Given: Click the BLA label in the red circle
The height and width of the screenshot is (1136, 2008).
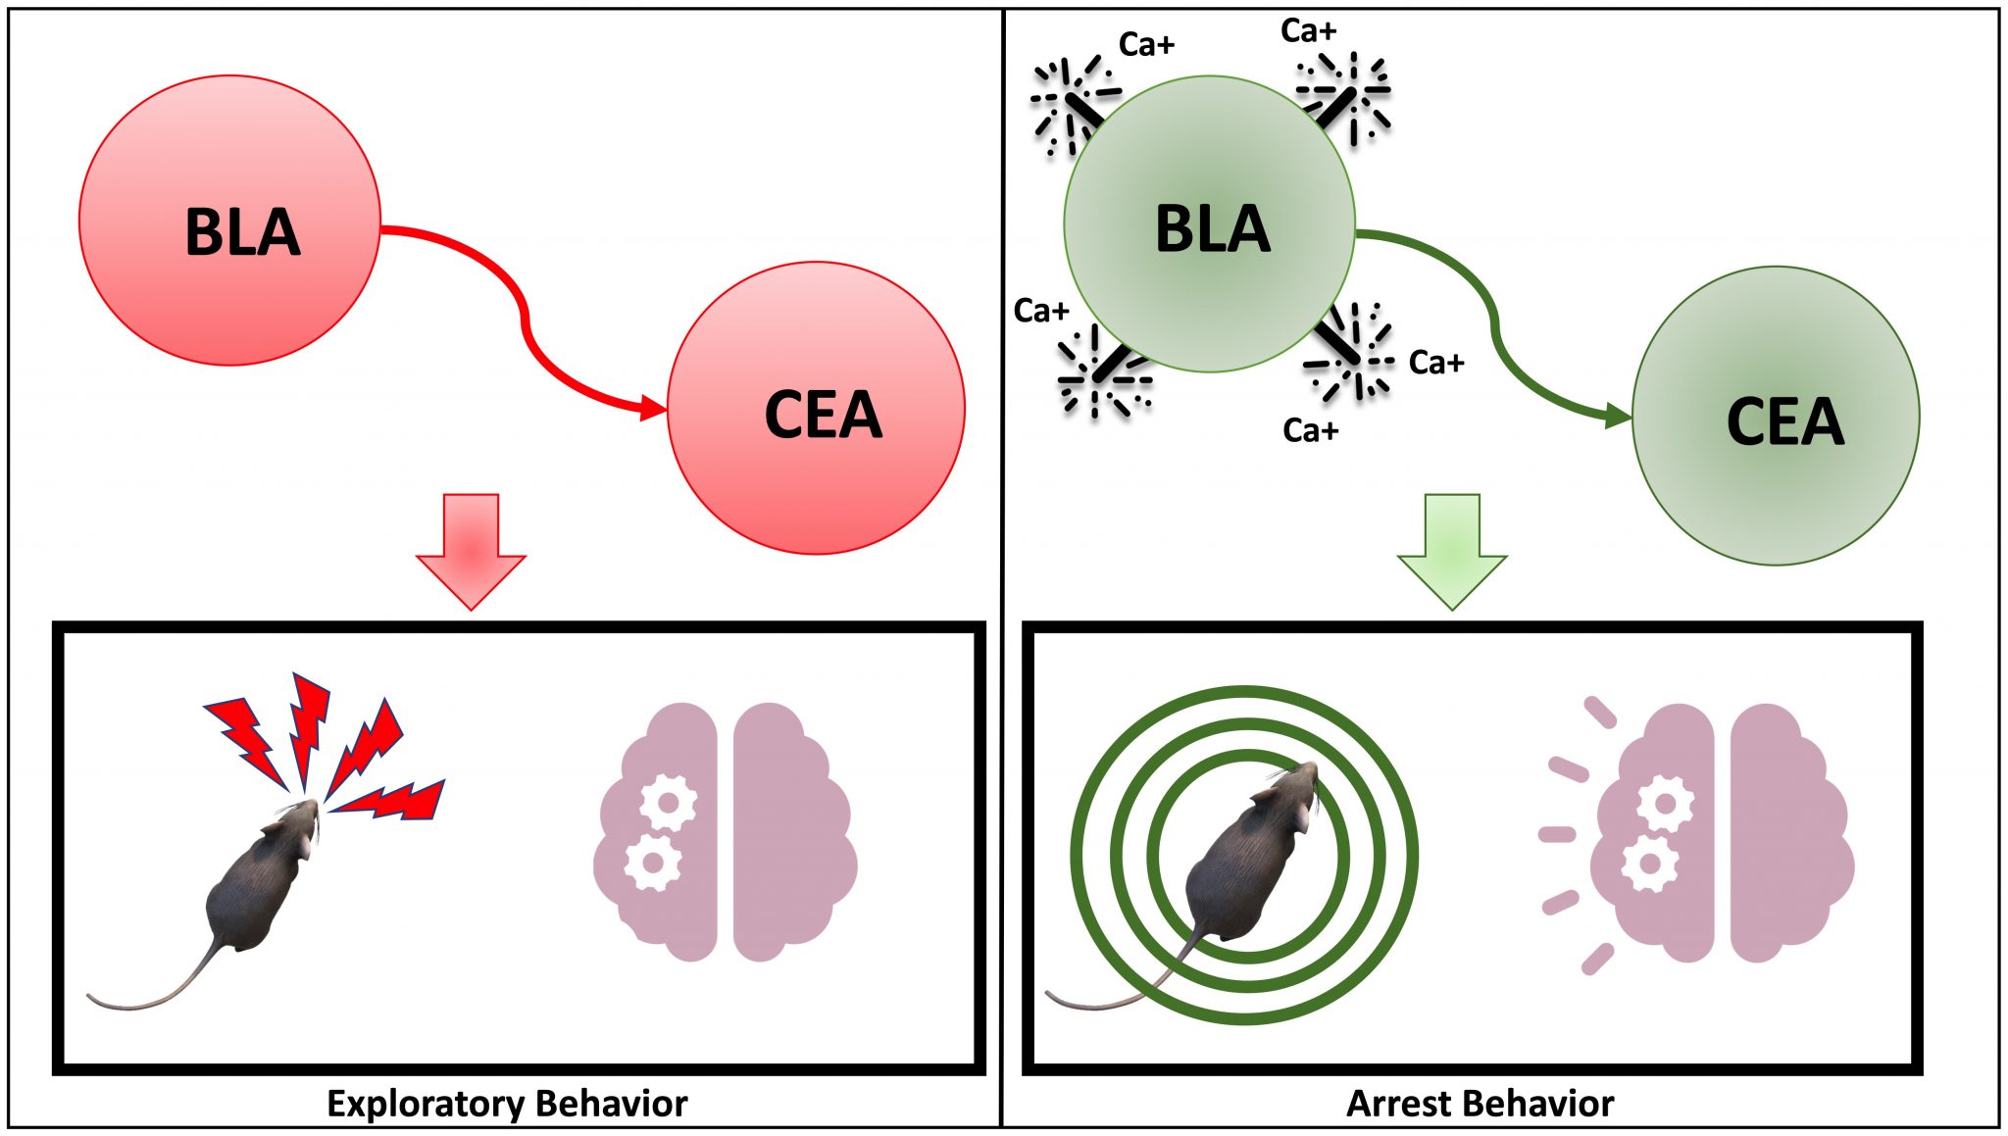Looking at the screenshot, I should coord(242,232).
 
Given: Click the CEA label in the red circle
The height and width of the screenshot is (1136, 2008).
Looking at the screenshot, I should coord(823,415).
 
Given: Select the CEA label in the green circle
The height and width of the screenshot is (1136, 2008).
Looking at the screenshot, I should coord(1784,421).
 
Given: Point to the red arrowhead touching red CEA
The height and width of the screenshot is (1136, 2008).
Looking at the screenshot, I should coord(653,408).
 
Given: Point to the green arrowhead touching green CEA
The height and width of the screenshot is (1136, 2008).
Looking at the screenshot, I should coord(1618,417).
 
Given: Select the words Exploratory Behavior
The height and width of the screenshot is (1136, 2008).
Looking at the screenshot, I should coord(507,1104).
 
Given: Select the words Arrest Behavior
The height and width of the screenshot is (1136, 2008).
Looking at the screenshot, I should coord(1480,1104).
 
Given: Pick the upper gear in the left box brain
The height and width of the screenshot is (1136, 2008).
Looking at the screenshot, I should coord(669,803).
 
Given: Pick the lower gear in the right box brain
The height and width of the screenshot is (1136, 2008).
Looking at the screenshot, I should coord(1649,864).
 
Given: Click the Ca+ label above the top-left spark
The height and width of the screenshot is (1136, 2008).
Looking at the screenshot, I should coord(1145,44).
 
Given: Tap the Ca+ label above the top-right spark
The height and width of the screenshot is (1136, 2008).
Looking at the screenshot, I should coord(1308,31).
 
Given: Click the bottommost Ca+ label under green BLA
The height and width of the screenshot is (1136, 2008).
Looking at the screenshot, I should coord(1310,430).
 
